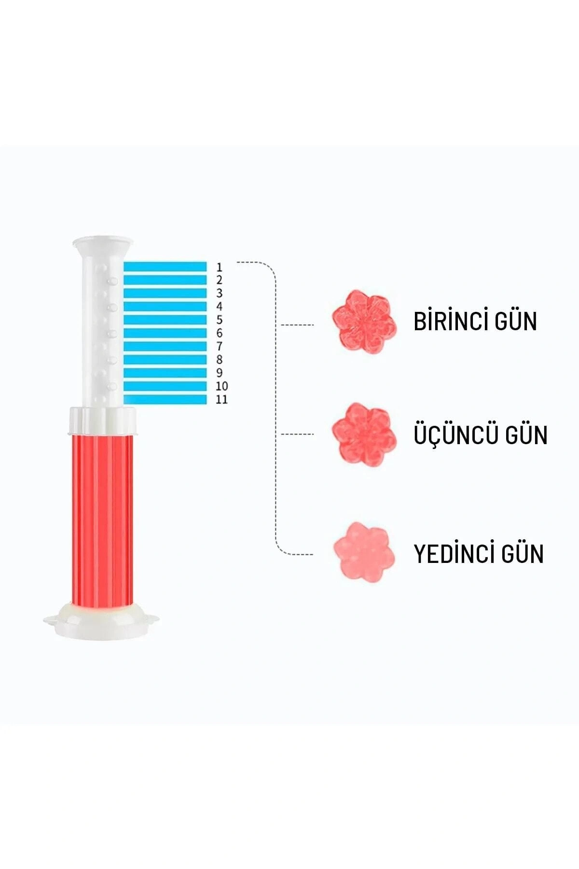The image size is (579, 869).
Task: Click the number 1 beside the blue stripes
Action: pyautogui.click(x=220, y=267)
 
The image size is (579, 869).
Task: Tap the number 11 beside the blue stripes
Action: pyautogui.click(x=221, y=399)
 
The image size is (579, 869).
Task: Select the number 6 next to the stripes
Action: pyautogui.click(x=220, y=333)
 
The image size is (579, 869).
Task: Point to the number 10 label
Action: pyautogui.click(x=221, y=386)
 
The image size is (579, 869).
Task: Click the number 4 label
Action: pyautogui.click(x=220, y=307)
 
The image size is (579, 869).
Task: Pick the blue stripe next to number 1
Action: pyautogui.click(x=165, y=266)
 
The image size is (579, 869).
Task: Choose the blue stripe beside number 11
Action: pyautogui.click(x=165, y=399)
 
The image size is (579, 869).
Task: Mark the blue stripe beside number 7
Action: pyautogui.click(x=165, y=346)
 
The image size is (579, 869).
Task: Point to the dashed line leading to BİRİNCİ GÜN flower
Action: pyautogui.click(x=297, y=325)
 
